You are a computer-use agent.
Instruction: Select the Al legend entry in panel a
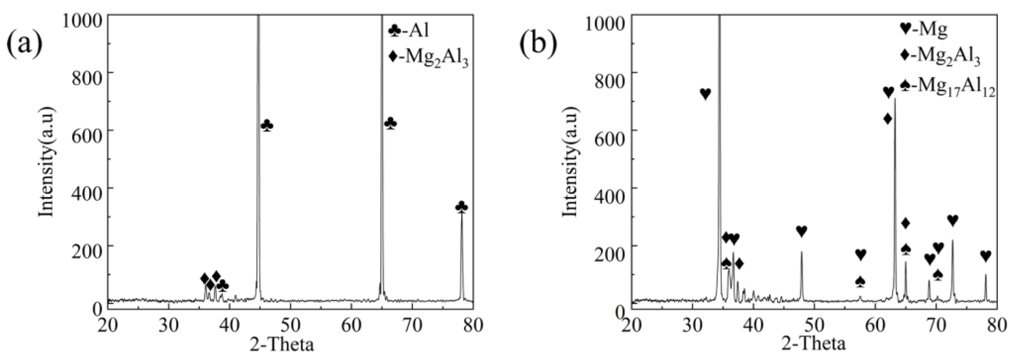point(409,31)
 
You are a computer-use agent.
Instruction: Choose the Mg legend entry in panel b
point(926,30)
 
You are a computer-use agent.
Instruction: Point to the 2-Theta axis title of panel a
point(282,344)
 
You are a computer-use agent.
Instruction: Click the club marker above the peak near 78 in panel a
point(462,207)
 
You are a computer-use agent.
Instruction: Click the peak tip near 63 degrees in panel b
point(895,99)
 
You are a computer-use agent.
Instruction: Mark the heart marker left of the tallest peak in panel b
point(705,94)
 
